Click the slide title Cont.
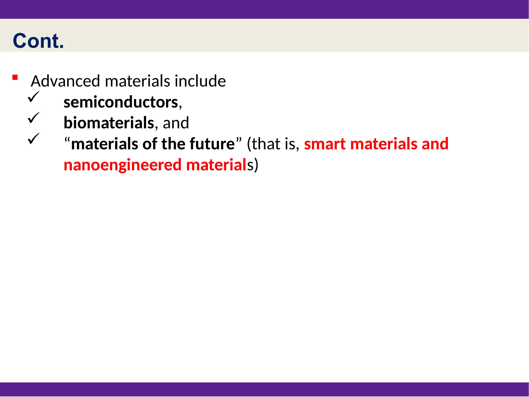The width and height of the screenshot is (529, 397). [38, 41]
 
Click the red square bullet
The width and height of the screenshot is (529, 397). [15, 77]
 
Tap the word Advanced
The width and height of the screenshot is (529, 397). [65, 81]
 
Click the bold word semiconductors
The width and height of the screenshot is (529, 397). [121, 102]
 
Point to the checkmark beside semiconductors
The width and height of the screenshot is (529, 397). [33, 97]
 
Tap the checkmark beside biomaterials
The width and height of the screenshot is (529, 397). [33, 118]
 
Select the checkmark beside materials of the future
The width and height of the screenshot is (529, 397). [33, 138]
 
